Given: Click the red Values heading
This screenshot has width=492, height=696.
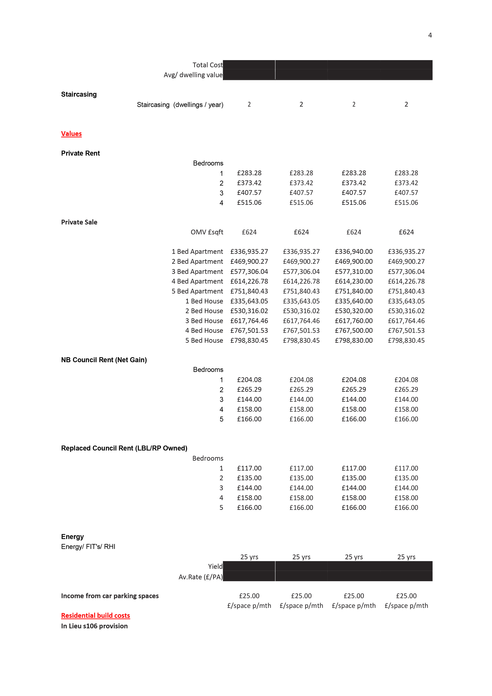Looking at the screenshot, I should click(71, 134).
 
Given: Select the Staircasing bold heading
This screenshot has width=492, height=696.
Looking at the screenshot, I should click(79, 94).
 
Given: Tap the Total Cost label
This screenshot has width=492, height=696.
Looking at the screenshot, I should click(207, 65).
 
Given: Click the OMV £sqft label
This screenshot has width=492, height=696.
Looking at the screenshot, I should click(207, 232).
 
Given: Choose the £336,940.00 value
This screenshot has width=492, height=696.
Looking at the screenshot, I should click(353, 252).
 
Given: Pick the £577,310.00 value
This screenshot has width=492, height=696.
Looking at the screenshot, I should click(353, 272).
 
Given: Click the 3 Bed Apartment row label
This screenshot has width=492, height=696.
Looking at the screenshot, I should click(197, 272).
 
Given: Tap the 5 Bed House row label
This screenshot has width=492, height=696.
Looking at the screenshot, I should click(204, 340).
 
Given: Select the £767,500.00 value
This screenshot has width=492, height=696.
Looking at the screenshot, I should click(353, 331).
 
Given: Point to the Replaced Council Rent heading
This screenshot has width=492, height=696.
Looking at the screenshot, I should click(124, 448).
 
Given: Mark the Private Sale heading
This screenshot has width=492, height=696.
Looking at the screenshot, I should click(79, 222).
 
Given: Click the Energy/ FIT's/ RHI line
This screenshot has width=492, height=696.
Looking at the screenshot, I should click(88, 547).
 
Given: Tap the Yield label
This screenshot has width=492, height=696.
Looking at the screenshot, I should click(215, 566).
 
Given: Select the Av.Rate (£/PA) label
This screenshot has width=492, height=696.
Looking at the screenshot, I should click(200, 577).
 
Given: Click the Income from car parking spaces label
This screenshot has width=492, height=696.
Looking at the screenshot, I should click(110, 596).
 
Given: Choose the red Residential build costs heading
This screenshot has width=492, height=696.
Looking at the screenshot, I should click(95, 616).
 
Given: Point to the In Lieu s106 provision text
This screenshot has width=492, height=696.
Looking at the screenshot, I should click(94, 626).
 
